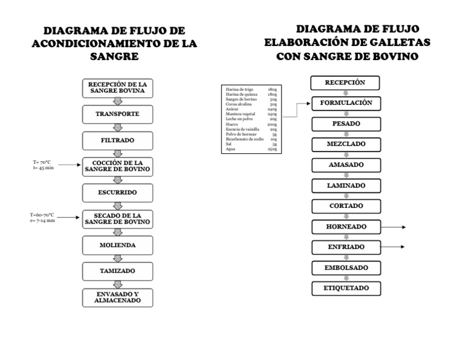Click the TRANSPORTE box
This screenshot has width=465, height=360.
[117, 114]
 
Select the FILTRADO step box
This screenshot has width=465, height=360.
[117, 140]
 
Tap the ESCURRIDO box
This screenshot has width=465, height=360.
[117, 192]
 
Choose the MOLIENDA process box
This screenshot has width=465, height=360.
[117, 245]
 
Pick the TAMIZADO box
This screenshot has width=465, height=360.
[117, 271]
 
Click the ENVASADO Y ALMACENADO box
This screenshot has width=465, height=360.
[117, 297]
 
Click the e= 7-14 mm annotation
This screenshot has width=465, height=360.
[43, 220]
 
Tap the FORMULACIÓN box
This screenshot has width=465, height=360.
[346, 103]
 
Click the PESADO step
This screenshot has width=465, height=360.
[346, 124]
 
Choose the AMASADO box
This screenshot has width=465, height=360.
[346, 165]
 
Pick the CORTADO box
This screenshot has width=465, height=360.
[346, 206]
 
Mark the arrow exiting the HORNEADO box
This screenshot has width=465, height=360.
[394, 227]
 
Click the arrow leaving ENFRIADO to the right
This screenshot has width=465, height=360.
[394, 247]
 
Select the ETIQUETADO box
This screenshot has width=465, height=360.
[346, 288]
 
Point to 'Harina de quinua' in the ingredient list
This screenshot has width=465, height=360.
[237, 95]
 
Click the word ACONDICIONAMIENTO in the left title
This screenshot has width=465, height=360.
[101, 44]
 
